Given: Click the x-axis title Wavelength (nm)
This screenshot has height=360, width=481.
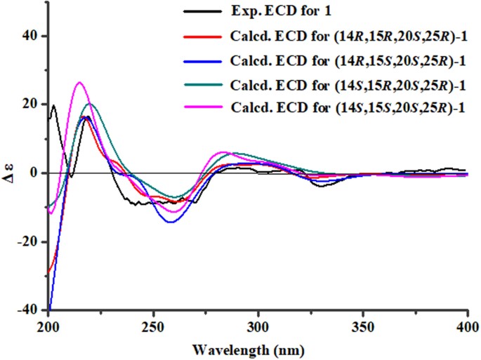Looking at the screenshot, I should [257, 346].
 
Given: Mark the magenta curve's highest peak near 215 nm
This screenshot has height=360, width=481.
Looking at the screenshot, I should [79, 82].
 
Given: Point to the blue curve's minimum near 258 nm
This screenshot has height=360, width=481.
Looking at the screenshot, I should [171, 222].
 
